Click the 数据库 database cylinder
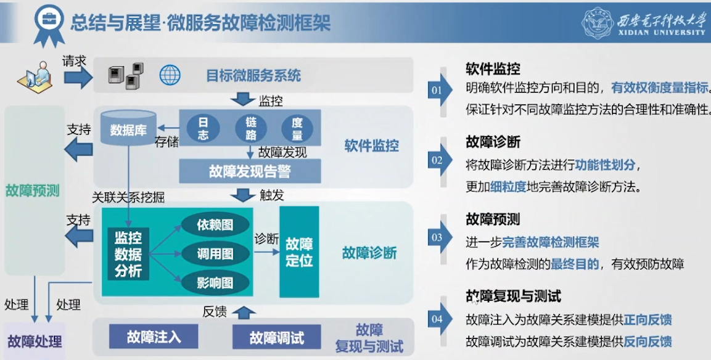point(128,128)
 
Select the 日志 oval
point(203,128)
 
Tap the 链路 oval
point(251,128)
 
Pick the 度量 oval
point(297,128)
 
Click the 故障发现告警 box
point(250,171)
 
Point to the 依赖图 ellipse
point(215,225)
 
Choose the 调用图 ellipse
point(215,253)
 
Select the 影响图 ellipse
point(215,283)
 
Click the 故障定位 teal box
point(299,252)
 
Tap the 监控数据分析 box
point(128,254)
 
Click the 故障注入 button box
point(154,337)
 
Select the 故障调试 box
point(277,337)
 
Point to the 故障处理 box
point(35,341)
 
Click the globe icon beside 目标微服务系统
point(170,75)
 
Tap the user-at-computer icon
point(35,76)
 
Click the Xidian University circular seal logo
point(598,23)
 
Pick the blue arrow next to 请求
point(78,76)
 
